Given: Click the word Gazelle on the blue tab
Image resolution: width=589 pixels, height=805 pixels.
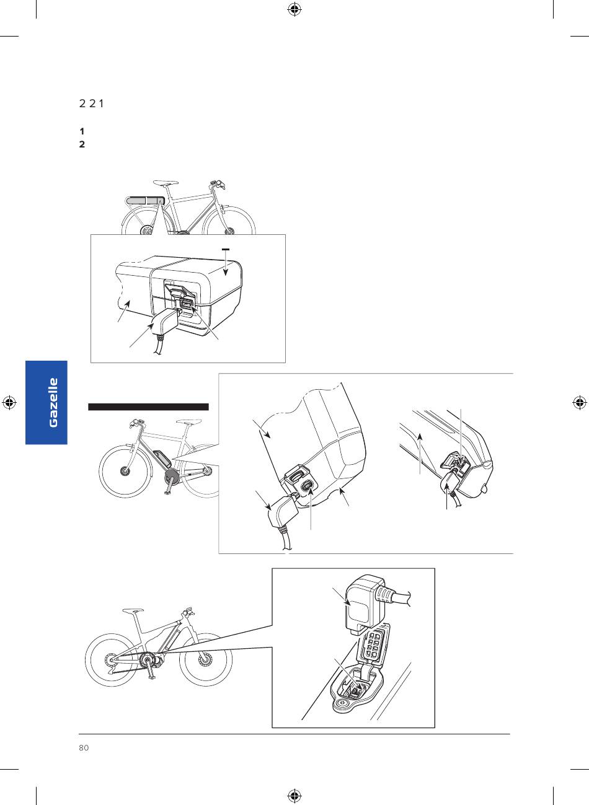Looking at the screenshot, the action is [x=53, y=403].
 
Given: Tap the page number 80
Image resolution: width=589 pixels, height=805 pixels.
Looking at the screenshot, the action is [x=84, y=748].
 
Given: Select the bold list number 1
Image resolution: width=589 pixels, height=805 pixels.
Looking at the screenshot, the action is [x=82, y=131].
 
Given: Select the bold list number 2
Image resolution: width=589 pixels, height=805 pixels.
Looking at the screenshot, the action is [x=82, y=144].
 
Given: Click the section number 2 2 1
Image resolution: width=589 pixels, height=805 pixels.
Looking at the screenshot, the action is [x=91, y=103].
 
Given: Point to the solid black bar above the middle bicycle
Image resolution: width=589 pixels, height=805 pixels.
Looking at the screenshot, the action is [x=149, y=407].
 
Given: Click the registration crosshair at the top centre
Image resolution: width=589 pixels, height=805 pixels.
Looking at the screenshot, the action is [x=294, y=10].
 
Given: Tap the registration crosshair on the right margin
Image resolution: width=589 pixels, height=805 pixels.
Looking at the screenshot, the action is [x=579, y=403].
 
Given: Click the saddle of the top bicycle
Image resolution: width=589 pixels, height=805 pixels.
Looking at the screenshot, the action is [x=166, y=183].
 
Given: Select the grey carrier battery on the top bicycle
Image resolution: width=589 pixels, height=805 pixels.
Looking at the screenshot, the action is [x=145, y=200].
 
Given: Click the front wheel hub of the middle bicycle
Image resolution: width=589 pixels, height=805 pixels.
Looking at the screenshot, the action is [x=125, y=471].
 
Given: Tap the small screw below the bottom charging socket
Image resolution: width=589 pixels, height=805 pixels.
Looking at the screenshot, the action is [x=342, y=703].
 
